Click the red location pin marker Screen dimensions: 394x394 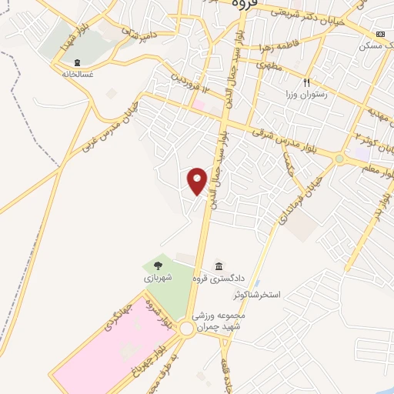pyautogui.click(x=198, y=181)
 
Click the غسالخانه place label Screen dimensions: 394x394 pyautogui.click(x=76, y=75)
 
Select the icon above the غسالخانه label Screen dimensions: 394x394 pyautogui.click(x=76, y=62)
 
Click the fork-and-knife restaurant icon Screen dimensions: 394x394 pyautogui.click(x=306, y=82)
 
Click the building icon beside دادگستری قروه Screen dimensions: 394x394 pyautogui.click(x=219, y=265)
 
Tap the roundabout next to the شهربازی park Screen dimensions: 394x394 pyautogui.click(x=186, y=329)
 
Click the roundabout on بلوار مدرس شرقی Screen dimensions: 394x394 pyautogui.click(x=339, y=159)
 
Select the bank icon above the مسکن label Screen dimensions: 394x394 pyautogui.click(x=380, y=35)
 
